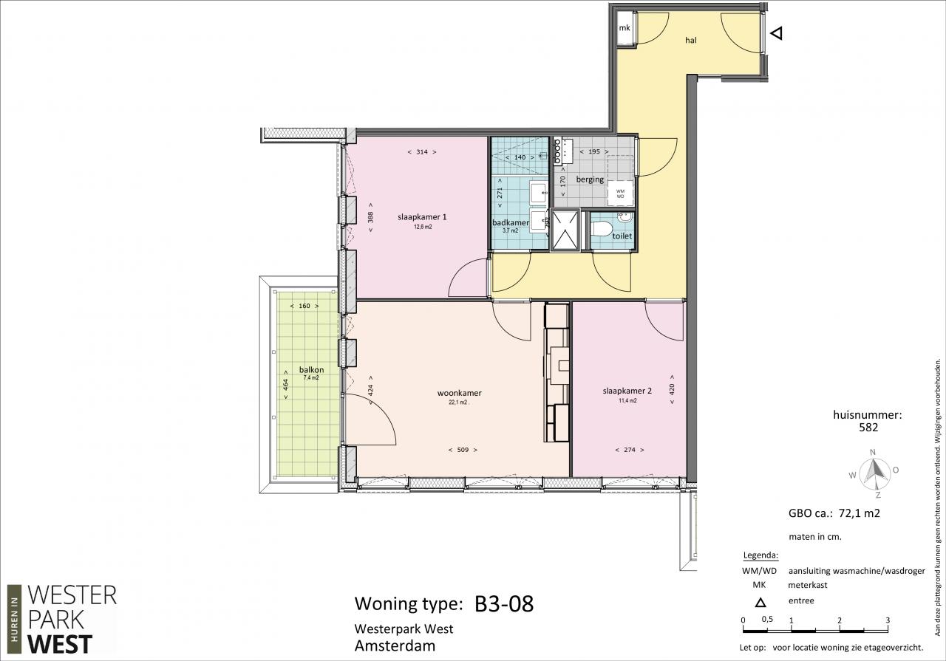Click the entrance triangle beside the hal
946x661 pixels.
(777, 33)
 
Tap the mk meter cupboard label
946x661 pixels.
(625, 28)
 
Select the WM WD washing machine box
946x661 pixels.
(620, 193)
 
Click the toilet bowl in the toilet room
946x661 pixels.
(602, 229)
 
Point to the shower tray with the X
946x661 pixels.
(565, 230)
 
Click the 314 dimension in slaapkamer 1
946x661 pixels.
(422, 152)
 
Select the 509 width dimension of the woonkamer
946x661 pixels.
(463, 450)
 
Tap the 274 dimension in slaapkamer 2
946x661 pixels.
(630, 450)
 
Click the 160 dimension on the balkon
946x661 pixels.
(304, 306)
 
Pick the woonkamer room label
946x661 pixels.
(460, 393)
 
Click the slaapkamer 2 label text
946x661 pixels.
(627, 391)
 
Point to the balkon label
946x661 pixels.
(312, 370)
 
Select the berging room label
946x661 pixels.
(590, 179)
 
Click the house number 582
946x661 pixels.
(868, 428)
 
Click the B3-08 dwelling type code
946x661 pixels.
(504, 603)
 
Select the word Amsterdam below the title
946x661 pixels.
(395, 645)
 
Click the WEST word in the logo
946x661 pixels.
(60, 645)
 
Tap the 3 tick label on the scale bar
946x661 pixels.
(888, 620)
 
